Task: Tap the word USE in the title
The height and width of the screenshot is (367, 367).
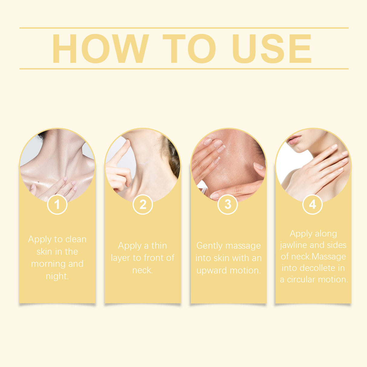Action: pos(271,48)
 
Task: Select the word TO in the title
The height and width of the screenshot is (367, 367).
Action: pos(189,48)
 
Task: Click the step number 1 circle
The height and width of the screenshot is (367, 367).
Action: pos(57,205)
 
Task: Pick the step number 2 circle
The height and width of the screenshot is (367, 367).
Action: pos(143,205)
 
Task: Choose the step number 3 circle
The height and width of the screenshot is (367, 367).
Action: pos(228,205)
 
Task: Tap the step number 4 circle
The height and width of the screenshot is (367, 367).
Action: pos(313,205)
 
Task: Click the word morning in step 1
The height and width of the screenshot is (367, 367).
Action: pos(48,264)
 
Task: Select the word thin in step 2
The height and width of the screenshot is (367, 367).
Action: pos(159,245)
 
